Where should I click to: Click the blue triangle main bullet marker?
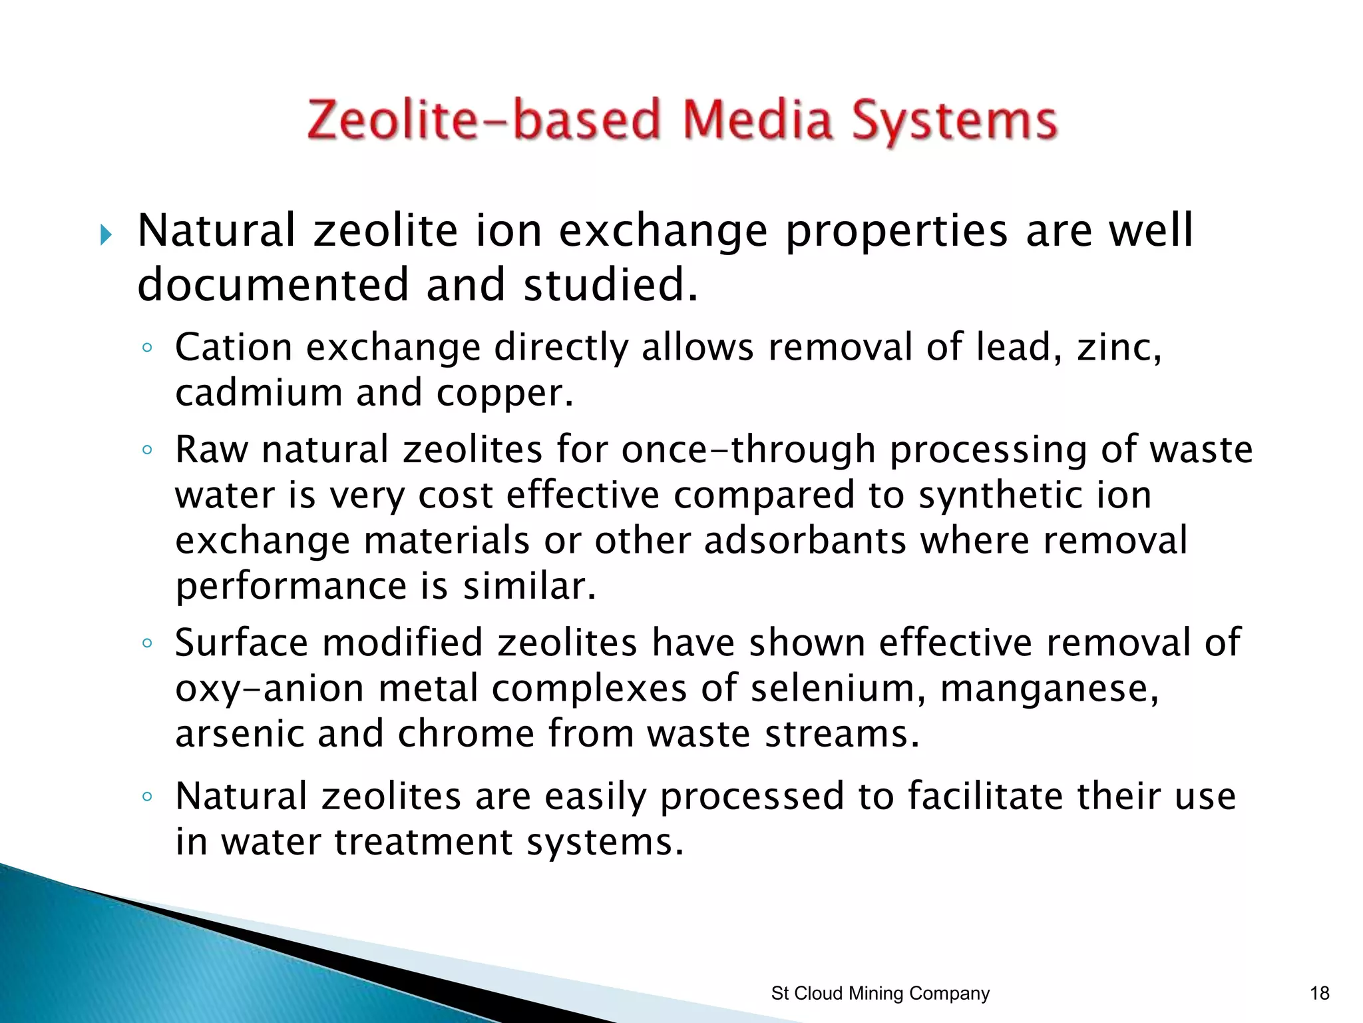(106, 234)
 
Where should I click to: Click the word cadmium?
(258, 393)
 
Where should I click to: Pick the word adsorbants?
(805, 540)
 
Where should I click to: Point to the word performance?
(291, 587)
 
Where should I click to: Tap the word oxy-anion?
(270, 689)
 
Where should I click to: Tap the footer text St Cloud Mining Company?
(880, 994)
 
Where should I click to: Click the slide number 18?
(1319, 994)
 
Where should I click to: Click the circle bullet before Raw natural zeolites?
(148, 450)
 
